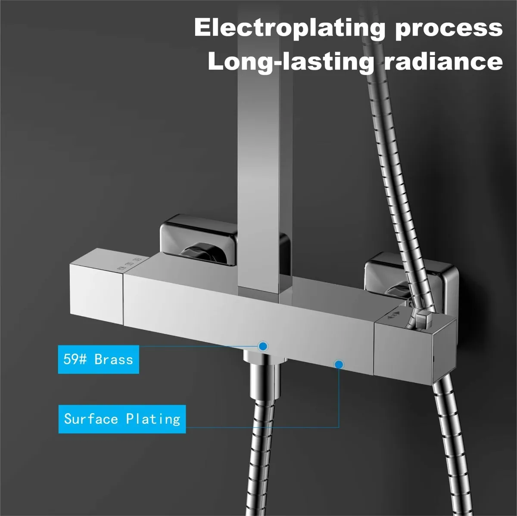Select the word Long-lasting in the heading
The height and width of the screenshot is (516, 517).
[290, 62]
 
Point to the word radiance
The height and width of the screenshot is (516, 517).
[443, 61]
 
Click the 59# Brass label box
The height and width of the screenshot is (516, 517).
[99, 359]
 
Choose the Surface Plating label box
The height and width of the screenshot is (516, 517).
[122, 419]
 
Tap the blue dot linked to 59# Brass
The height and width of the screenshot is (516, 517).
[263, 346]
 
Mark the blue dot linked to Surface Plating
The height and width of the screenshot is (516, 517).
[339, 365]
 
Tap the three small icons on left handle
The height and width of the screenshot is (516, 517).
[130, 264]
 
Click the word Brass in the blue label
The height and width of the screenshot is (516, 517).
[114, 359]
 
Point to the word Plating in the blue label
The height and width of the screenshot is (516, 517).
[153, 419]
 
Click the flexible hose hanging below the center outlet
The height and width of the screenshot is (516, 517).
[262, 456]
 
